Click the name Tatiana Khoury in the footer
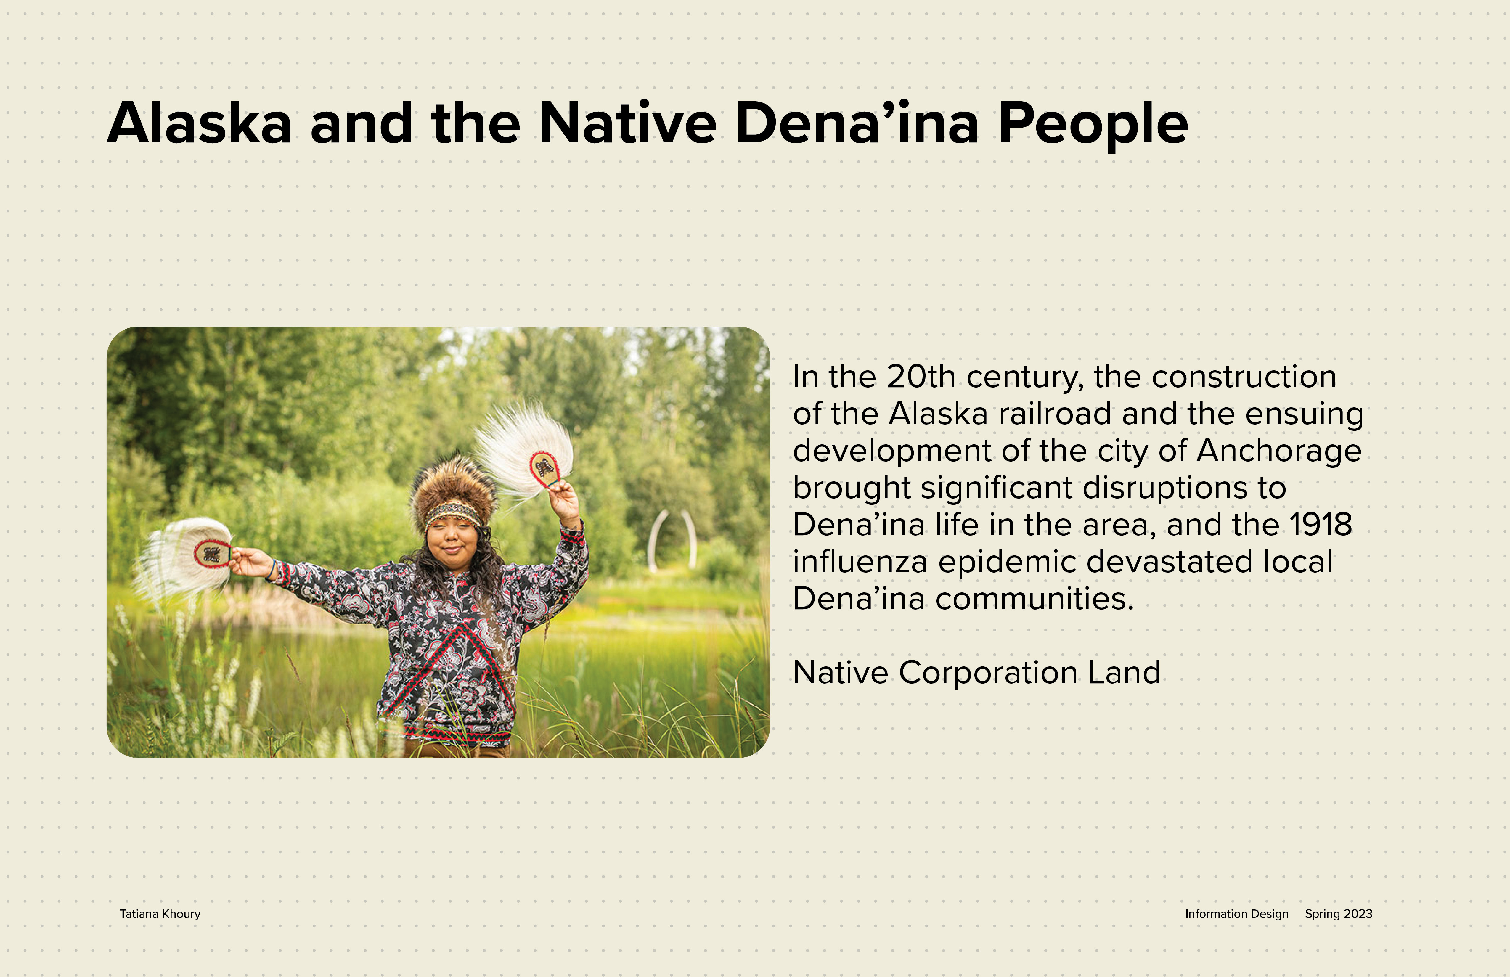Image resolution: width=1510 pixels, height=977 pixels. [x=160, y=914]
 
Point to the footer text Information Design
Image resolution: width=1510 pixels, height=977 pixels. [x=1236, y=914]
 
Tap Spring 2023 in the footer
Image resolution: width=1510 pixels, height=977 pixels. [x=1339, y=914]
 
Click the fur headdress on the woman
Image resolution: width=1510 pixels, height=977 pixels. [x=453, y=493]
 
